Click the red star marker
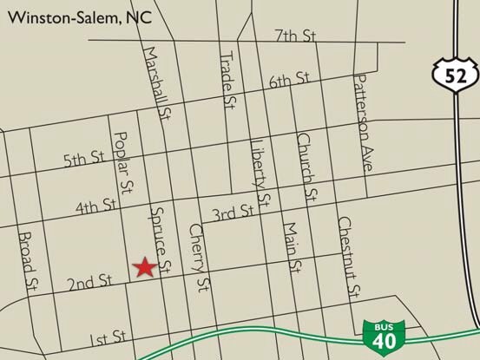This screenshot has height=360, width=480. click(144, 268)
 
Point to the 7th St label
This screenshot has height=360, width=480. click(293, 36)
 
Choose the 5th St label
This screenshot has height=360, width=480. click(83, 159)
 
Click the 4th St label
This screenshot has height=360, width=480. click(96, 206)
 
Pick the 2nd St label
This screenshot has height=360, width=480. click(89, 281)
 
